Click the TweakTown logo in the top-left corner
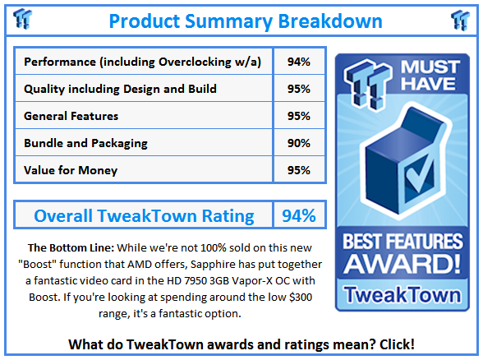coord(24,19)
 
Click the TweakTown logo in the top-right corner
coord(460,19)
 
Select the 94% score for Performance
coord(299,62)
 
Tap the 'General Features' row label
coord(71,116)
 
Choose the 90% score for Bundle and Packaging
coord(299,143)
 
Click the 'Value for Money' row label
coord(71,170)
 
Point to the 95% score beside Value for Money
coord(299,170)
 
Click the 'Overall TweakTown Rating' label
coord(144,216)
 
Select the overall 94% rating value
coord(299,216)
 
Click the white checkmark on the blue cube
coord(403,162)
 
